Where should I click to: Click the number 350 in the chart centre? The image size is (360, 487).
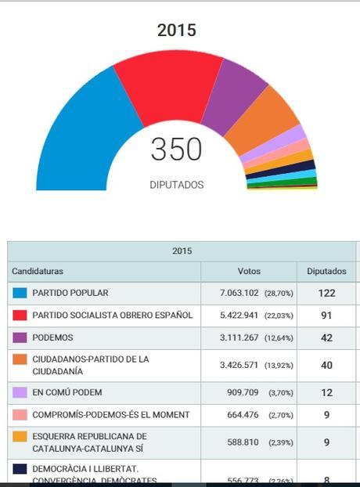click(176, 150)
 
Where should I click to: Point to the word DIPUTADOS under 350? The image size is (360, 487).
click(176, 186)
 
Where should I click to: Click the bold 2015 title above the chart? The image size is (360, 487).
click(177, 31)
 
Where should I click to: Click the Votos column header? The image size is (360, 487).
click(249, 272)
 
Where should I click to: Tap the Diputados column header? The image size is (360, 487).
click(326, 272)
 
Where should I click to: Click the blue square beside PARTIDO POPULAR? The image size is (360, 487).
click(20, 294)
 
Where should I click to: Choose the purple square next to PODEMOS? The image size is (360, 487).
click(20, 337)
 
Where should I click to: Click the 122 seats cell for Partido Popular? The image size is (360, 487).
click(326, 294)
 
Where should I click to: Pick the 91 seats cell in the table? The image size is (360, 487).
click(326, 316)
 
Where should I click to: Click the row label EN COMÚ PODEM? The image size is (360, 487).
click(67, 392)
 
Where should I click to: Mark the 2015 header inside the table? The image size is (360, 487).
click(181, 251)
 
